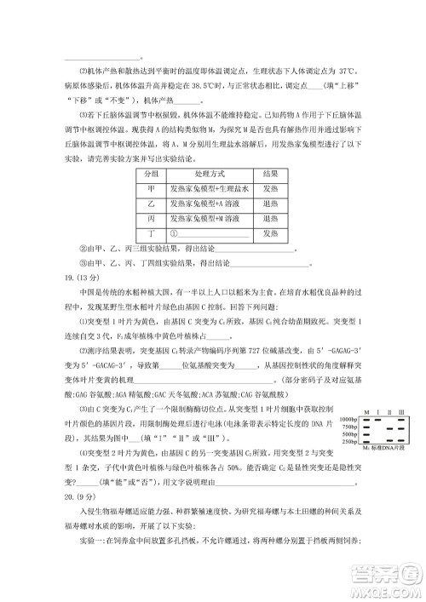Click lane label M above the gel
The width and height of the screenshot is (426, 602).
pos(366,412)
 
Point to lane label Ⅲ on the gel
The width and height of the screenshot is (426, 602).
pos(401,412)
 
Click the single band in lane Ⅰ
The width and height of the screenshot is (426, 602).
pos(378,421)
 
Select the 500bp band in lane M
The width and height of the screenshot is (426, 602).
pos(366,435)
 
